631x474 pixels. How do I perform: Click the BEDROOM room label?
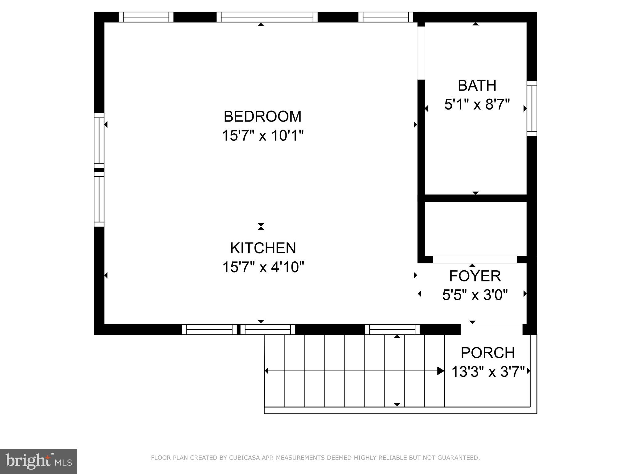pos(263,117)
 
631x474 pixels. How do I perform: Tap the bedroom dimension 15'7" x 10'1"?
pos(263,135)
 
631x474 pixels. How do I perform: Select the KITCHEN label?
pos(263,248)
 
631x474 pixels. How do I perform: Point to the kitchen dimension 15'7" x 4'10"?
pos(263,267)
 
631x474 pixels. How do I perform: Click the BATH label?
pos(477,85)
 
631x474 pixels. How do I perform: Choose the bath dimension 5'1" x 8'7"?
pos(477,104)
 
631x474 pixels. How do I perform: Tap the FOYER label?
pos(475,276)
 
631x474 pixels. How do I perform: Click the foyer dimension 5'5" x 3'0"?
pos(475,295)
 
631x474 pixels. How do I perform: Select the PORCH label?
pos(488,353)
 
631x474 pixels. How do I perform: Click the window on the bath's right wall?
pos(532,108)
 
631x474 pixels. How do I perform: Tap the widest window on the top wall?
pos(267,17)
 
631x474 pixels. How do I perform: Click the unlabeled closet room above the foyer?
pos(475,228)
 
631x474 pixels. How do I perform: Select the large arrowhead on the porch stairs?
pos(441,371)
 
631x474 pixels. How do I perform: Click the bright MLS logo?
pos(38,461)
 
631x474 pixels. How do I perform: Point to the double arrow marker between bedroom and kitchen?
pos(261,227)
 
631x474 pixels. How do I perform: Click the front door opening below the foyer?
pos(491,329)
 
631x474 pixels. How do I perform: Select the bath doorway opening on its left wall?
pos(421,53)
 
